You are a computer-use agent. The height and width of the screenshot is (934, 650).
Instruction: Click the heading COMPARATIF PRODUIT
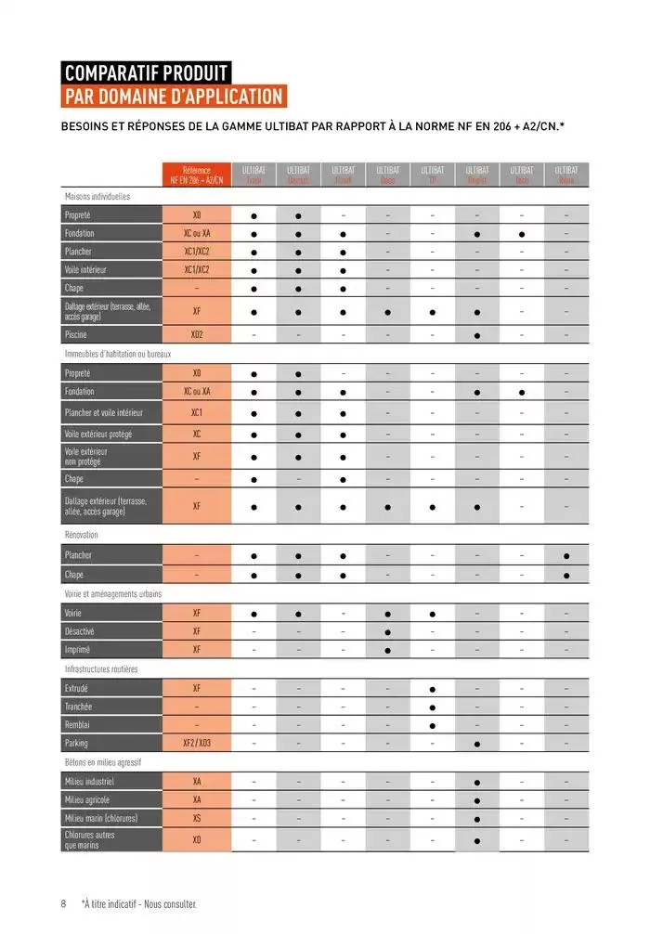[x=146, y=72]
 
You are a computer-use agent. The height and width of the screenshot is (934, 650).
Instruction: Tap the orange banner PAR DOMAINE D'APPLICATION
[x=173, y=97]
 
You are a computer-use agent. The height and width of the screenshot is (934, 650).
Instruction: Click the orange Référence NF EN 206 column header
[x=197, y=175]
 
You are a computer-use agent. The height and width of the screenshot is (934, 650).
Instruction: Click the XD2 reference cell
[x=197, y=334]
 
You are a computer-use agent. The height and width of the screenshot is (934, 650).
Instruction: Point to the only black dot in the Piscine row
[x=476, y=334]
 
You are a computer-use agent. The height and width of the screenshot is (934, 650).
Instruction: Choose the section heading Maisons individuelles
[x=97, y=197]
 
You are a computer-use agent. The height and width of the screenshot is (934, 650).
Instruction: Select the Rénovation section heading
[x=82, y=535]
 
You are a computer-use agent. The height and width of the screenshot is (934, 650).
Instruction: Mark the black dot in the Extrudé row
[x=432, y=689]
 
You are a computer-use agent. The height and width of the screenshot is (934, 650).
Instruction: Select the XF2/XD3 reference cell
[x=197, y=744]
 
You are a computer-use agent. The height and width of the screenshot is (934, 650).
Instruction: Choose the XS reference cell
[x=197, y=818]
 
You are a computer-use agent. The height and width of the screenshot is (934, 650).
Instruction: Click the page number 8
[x=63, y=903]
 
